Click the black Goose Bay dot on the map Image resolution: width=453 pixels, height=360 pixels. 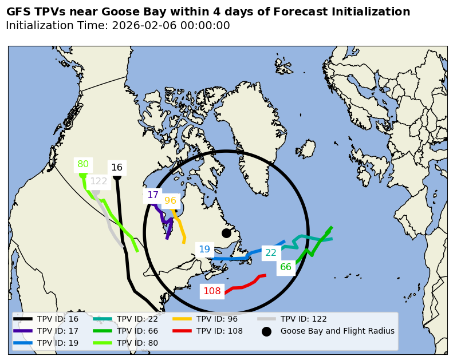[226, 233]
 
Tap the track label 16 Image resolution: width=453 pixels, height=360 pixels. [117, 168]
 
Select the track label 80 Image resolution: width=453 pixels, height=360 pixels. [83, 164]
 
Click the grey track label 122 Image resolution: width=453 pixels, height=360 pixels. [99, 181]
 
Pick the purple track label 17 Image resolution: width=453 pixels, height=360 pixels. [153, 195]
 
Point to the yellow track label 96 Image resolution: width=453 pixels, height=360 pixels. [170, 201]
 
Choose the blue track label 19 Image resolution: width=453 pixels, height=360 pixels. [204, 250]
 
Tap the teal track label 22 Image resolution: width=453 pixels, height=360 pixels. [271, 253]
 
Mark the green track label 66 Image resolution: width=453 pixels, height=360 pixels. [286, 267]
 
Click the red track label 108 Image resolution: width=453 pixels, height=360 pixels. [212, 291]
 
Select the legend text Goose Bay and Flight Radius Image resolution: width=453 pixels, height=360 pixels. [337, 331]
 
